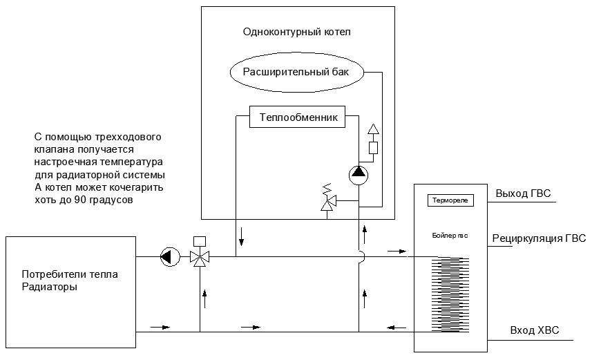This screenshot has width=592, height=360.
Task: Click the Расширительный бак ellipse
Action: [296, 70]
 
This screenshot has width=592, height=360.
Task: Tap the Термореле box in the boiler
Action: [450, 200]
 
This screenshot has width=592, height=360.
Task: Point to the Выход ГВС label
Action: [523, 193]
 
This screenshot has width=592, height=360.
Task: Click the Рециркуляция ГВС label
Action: [538, 238]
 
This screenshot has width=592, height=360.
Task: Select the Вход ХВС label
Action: [534, 330]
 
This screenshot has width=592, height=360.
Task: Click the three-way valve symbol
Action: [200, 258]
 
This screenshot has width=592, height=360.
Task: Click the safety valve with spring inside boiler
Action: [329, 201]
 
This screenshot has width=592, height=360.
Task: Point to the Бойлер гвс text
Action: [450, 236]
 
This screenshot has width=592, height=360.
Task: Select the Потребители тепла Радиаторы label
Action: [69, 280]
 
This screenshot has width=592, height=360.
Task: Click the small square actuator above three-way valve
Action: [200, 241]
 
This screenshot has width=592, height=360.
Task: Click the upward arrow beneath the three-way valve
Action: [204, 297]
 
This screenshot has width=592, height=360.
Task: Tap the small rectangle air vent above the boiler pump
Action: [373, 147]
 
